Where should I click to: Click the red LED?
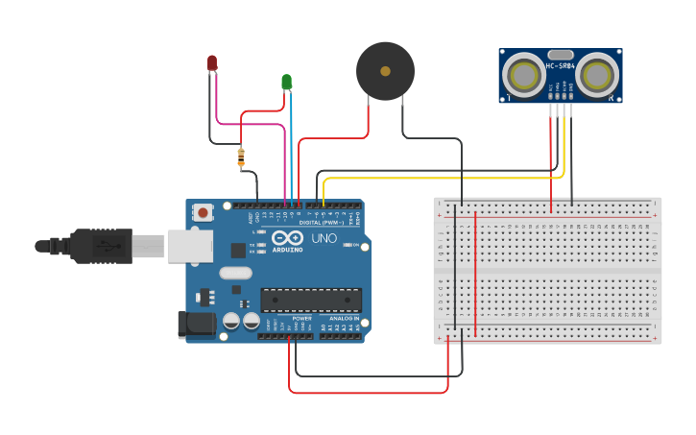212,63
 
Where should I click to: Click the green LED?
286,82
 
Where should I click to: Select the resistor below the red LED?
240,156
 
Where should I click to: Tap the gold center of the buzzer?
385,70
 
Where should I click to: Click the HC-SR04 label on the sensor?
561,66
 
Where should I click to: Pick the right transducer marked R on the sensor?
597,75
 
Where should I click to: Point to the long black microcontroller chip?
311,300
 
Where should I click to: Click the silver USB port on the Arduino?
189,246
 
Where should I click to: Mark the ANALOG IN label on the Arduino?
344,318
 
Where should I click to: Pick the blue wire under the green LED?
291,154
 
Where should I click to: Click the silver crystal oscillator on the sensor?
560,55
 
